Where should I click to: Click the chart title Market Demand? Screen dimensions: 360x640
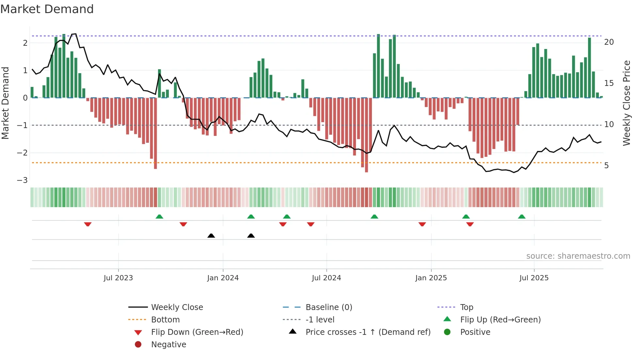coord(47,9)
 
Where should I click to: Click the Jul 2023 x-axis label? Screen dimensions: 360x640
coord(118,278)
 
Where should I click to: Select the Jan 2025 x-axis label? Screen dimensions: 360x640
coord(431,278)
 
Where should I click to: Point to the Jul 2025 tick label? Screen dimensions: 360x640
coord(534,278)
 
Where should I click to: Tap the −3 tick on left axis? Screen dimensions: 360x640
coord(23,180)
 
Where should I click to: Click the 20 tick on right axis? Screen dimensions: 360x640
coord(609,42)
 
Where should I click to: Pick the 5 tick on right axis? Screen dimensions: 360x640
coord(606,166)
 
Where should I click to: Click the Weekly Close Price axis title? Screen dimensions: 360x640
coord(626,103)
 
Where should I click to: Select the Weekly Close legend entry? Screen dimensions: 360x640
coord(177,307)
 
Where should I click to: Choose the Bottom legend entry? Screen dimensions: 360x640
coord(165,320)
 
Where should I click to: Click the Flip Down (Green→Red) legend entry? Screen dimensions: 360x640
coord(197,332)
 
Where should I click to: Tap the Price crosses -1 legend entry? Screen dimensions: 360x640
coord(368,332)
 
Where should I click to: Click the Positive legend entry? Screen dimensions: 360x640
coord(475,332)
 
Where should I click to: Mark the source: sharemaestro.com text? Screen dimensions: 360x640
coord(578,256)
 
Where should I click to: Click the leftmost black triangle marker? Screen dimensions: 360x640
coord(211,236)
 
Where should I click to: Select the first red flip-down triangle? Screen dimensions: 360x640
coord(88,224)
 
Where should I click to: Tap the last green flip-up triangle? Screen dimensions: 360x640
coord(522,217)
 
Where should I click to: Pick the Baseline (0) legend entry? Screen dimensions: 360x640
coord(328,307)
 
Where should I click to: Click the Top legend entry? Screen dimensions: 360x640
coord(466,307)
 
